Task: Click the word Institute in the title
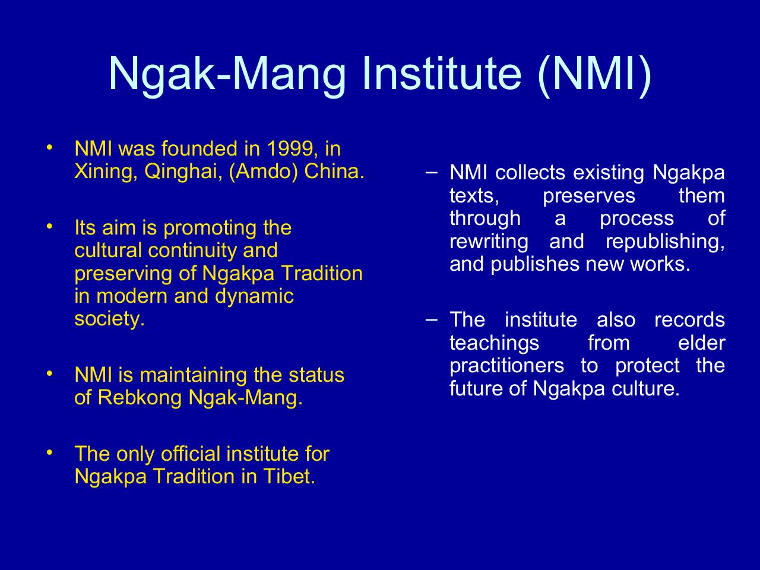(442, 74)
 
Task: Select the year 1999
(290, 148)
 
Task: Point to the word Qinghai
(183, 172)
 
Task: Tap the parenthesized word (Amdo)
(263, 172)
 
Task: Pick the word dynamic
(254, 297)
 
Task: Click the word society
(109, 319)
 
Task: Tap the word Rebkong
(140, 397)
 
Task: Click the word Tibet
(289, 476)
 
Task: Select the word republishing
(665, 242)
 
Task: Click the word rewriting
(489, 242)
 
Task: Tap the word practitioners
(507, 366)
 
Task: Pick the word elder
(701, 343)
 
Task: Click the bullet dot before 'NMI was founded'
(49, 147)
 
